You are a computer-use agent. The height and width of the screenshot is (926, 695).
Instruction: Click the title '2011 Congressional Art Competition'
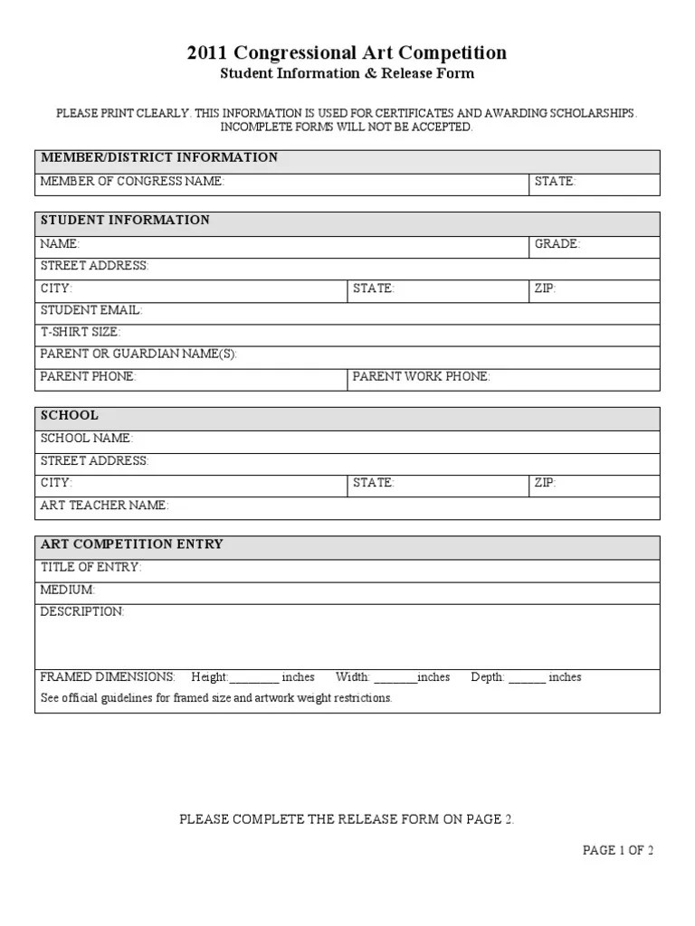(x=347, y=52)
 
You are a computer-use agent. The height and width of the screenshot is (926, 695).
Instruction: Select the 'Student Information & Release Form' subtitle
(x=347, y=73)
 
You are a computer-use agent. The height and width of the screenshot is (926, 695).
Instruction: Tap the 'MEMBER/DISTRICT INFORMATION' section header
(x=159, y=157)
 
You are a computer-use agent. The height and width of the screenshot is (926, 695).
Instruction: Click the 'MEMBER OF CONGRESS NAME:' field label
(x=132, y=182)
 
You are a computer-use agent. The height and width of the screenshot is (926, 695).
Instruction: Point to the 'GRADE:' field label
(x=557, y=244)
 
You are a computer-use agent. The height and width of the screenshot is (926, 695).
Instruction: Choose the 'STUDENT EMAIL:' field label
(x=91, y=310)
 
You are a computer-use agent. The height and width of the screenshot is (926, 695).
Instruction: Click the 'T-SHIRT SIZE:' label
(x=81, y=332)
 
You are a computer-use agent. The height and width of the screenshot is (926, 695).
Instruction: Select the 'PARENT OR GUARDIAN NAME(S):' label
(x=138, y=354)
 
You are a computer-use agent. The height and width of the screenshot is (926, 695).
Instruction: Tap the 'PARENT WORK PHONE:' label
(x=421, y=376)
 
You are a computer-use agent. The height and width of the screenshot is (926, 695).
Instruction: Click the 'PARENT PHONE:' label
(x=88, y=376)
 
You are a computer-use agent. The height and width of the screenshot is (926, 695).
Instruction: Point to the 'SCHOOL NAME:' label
(x=87, y=439)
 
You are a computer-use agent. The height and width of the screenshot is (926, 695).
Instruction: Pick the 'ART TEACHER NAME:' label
(x=104, y=506)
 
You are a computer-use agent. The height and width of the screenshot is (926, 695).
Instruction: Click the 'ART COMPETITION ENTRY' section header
(x=132, y=544)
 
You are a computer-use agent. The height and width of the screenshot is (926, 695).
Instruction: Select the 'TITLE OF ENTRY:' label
(x=91, y=568)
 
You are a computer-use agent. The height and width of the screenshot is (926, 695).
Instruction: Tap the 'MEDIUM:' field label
(x=67, y=590)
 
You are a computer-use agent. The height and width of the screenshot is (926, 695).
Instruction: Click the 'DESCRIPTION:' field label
(x=82, y=612)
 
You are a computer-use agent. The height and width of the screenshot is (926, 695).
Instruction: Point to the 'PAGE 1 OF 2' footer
(x=618, y=850)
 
